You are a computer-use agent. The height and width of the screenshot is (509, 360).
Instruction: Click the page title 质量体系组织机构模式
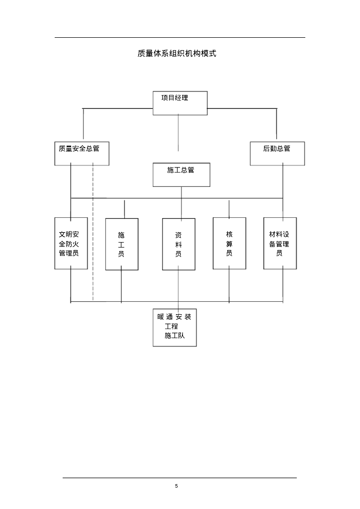tap(177, 53)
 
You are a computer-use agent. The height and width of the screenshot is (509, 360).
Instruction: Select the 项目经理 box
tap(180, 103)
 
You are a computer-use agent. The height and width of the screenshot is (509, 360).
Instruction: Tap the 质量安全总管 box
tap(82, 154)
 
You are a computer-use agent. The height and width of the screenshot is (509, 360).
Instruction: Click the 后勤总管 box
tap(277, 154)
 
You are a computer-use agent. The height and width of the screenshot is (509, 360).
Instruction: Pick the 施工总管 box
tap(181, 174)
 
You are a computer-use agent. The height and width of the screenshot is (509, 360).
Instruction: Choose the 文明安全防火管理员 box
tap(71, 244)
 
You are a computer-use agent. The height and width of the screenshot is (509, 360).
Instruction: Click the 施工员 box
tap(121, 244)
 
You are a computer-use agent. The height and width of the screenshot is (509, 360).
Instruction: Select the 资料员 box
tap(179, 244)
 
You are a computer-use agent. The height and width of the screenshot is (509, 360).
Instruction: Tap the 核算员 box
tap(229, 244)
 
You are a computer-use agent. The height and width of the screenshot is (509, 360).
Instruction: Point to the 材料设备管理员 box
tap(279, 244)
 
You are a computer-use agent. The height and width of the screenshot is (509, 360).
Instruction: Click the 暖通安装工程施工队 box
tap(175, 327)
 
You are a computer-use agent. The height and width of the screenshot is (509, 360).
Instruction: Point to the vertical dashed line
tap(93, 234)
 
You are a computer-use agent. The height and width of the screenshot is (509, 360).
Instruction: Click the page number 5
tap(177, 486)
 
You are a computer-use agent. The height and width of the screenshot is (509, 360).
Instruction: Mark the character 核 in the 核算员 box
tap(229, 235)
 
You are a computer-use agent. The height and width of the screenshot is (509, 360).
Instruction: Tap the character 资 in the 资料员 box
tap(179, 235)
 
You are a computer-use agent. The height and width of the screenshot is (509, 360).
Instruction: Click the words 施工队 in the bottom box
tap(175, 336)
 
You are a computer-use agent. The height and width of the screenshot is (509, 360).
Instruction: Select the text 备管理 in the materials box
tap(279, 244)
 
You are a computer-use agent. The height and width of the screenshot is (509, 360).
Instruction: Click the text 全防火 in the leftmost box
tap(69, 244)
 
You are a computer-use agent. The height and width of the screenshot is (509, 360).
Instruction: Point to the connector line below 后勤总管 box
tap(283, 181)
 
